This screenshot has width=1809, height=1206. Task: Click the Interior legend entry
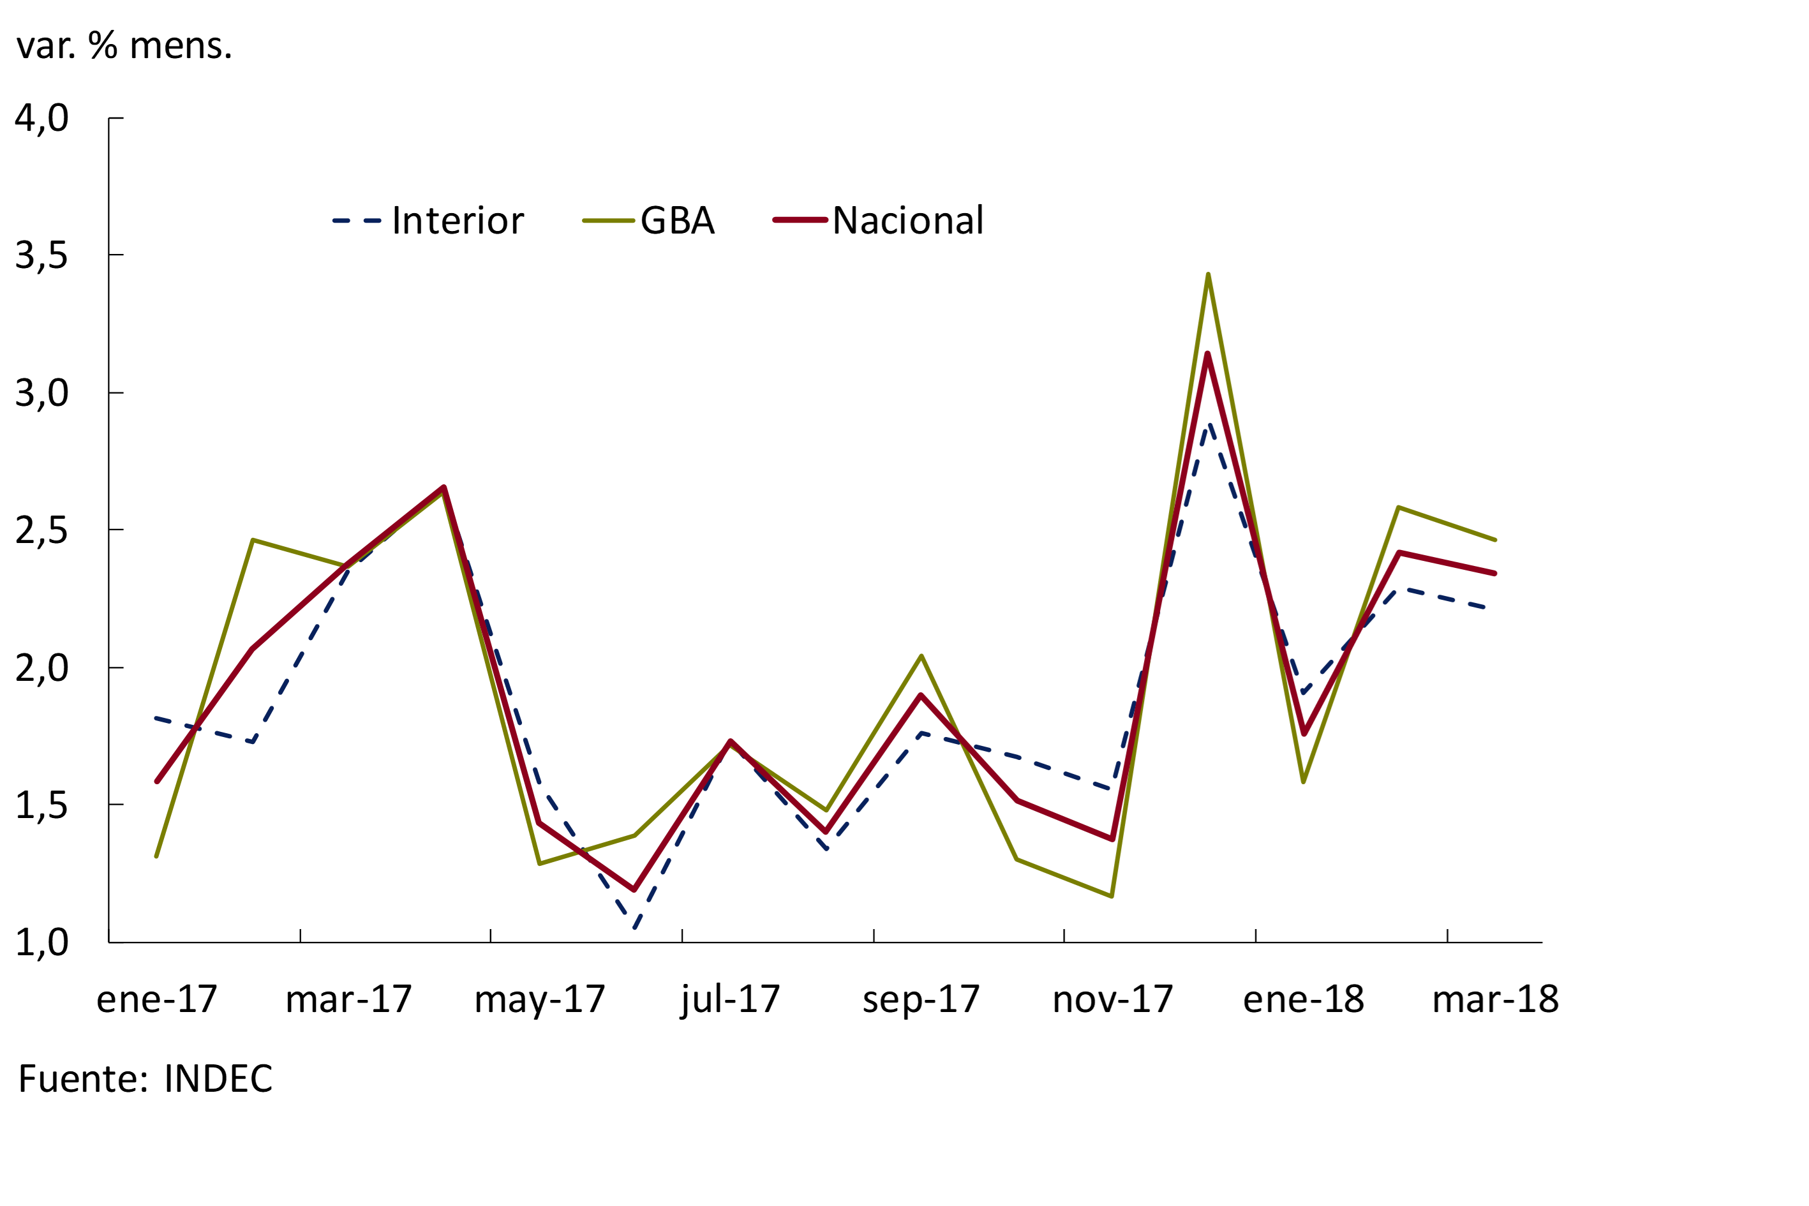pos(458,221)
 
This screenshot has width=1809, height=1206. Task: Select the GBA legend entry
pos(677,221)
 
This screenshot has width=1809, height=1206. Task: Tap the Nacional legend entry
pos(907,221)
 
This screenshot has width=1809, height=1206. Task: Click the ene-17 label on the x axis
pos(157,999)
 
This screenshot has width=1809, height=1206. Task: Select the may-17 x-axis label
pos(539,999)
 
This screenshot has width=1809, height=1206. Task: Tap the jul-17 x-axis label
pos(730,999)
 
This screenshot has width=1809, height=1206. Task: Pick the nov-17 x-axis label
pos(1112,999)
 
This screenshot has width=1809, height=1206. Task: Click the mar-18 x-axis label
pos(1495,999)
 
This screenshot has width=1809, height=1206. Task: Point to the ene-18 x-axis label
pos(1304,999)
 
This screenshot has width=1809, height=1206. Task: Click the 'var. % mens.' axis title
pos(124,45)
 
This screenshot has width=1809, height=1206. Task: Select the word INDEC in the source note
pos(218,1078)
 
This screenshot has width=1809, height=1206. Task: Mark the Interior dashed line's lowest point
pos(636,928)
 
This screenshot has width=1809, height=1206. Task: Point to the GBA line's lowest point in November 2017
pos(1112,896)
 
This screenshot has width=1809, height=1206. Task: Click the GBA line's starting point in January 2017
pos(157,856)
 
